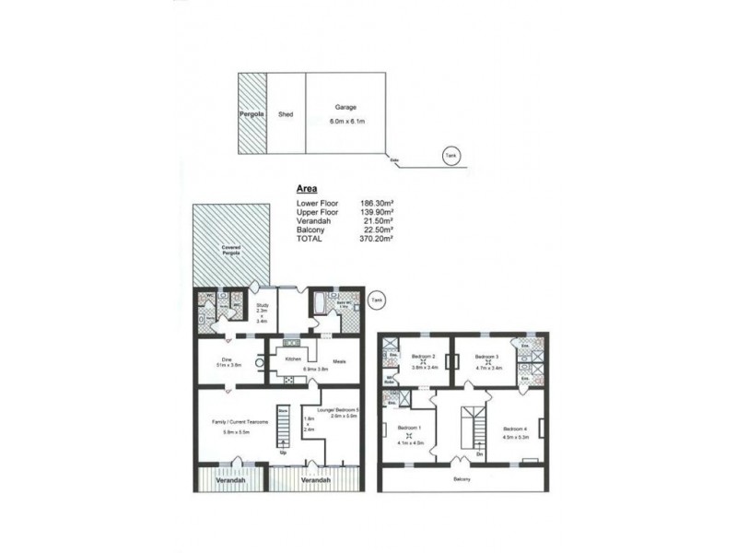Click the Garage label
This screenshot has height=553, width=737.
[345, 108]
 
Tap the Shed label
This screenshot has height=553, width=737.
[286, 114]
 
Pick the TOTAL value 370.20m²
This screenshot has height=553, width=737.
[375, 238]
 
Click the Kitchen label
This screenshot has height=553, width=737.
[294, 358]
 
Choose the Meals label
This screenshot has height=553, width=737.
[338, 361]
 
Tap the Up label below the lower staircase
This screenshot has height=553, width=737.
[284, 453]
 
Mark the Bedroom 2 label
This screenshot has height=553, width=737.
[423, 356]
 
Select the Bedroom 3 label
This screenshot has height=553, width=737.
[487, 356]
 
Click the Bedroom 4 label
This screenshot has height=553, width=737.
[515, 429]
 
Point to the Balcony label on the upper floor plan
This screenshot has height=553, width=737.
[462, 480]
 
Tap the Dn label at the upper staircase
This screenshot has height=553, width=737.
[480, 453]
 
